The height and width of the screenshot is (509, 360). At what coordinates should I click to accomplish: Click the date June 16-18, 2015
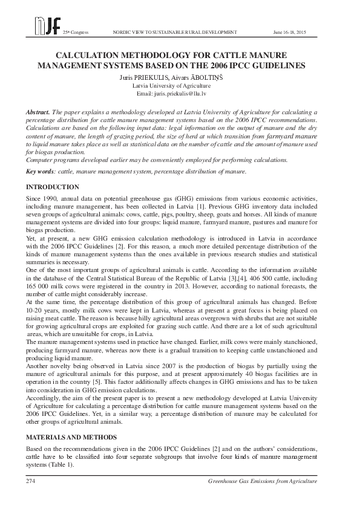(290, 31)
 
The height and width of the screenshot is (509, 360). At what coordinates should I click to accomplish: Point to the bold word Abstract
(38, 113)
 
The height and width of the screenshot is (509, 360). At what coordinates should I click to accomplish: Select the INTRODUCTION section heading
(53, 187)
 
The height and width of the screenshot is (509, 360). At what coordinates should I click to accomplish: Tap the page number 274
(31, 481)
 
